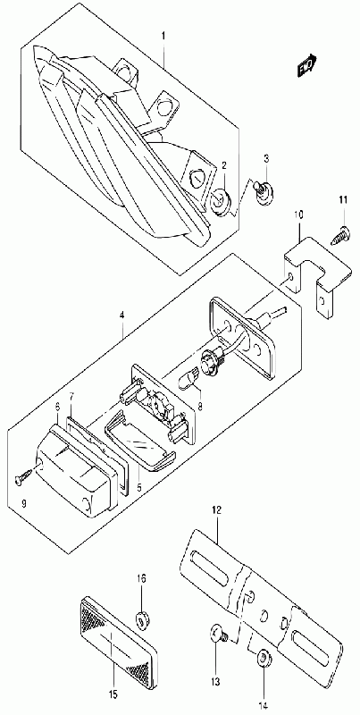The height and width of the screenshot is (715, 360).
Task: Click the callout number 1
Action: (x=163, y=35)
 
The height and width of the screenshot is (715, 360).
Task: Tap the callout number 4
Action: (x=122, y=315)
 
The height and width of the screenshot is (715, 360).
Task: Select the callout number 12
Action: (x=215, y=510)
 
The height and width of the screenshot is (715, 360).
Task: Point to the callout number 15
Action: (x=113, y=694)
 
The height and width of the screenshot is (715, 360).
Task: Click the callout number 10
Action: (x=298, y=214)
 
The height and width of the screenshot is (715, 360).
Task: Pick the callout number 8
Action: (x=200, y=406)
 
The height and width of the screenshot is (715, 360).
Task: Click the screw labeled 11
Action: (x=340, y=231)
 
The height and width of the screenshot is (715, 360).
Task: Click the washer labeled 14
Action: (x=264, y=660)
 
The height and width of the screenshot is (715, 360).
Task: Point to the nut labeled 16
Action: (x=142, y=618)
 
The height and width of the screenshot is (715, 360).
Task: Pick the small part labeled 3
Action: (x=263, y=192)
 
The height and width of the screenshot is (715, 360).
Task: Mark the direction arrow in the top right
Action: (x=307, y=64)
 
